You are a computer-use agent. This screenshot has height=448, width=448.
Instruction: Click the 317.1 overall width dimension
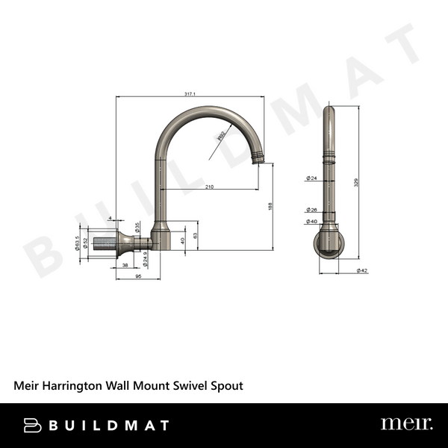190,93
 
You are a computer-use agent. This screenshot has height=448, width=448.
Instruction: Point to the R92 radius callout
221,137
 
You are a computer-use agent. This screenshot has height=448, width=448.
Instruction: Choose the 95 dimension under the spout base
139,276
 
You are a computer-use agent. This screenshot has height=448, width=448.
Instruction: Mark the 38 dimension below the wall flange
125,265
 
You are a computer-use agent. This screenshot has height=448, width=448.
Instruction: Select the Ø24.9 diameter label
145,258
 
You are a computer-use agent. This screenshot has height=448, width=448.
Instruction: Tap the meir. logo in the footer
406,424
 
